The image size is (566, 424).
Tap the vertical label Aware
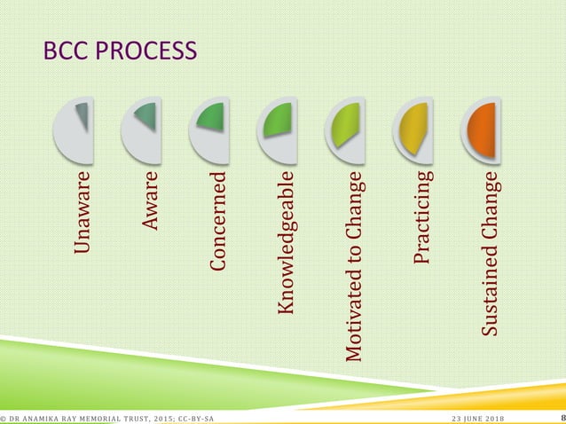pyautogui.click(x=152, y=202)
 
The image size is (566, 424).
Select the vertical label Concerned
pyautogui.click(x=218, y=222)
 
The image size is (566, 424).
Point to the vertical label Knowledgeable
pyautogui.click(x=286, y=244)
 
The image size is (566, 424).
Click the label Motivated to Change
pyautogui.click(x=354, y=266)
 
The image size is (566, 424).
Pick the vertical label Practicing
pyautogui.click(x=422, y=217)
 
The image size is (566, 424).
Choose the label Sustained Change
pyautogui.click(x=490, y=257)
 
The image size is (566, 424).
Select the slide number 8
pyautogui.click(x=562, y=417)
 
